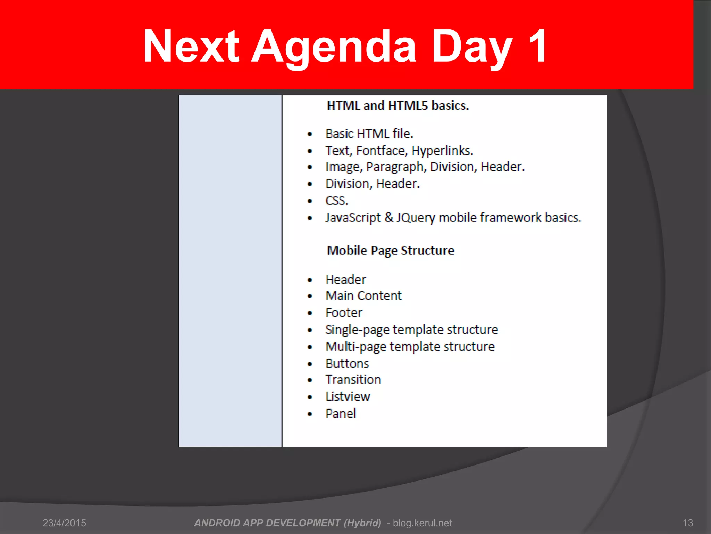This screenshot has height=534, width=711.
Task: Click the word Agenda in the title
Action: click(333, 47)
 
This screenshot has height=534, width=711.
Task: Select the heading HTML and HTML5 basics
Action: click(398, 105)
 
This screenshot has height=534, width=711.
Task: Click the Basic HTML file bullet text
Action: click(369, 133)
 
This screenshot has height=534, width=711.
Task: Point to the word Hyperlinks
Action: click(442, 151)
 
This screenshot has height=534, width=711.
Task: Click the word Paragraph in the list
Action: click(395, 167)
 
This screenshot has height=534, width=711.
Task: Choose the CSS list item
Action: click(337, 201)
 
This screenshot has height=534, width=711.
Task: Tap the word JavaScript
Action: click(353, 218)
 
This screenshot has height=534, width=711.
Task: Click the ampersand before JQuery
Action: click(389, 217)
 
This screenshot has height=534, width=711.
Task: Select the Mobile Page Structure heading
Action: click(391, 250)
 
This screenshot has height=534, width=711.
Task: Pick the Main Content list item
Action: click(364, 296)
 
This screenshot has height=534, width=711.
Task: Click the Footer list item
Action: click(344, 313)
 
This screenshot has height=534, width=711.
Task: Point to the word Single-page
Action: click(358, 330)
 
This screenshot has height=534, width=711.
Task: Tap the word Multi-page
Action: click(356, 347)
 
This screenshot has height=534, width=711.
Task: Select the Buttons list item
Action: click(347, 364)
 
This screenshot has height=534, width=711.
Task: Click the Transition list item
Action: click(353, 380)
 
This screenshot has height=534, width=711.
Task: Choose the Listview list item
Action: click(348, 397)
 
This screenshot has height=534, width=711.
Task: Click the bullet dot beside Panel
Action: click(310, 414)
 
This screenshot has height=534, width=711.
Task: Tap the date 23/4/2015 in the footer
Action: click(64, 523)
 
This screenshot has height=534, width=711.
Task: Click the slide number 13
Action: click(688, 523)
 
